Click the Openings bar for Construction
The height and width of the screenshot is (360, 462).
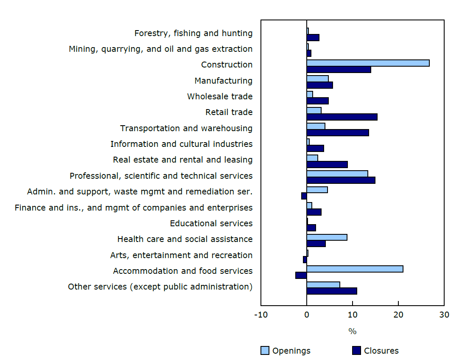click(x=368, y=63)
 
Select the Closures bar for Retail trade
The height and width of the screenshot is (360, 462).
click(x=342, y=117)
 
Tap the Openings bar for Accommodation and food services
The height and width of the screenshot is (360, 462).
click(x=355, y=269)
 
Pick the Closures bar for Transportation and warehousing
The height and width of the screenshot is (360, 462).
click(x=338, y=133)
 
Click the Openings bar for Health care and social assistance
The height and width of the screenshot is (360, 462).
click(x=327, y=237)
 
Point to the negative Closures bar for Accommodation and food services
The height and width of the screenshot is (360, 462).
click(x=301, y=275)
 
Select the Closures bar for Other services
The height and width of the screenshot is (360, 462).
click(x=332, y=291)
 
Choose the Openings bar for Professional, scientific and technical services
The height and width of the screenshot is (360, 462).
click(x=337, y=174)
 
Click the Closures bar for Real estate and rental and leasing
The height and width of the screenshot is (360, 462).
click(x=327, y=165)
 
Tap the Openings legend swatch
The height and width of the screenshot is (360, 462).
click(x=265, y=351)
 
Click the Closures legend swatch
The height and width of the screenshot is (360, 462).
click(x=356, y=351)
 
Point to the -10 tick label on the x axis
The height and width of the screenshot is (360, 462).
click(x=260, y=315)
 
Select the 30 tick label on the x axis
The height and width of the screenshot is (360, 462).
click(x=444, y=315)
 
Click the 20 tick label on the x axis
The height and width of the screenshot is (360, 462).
click(x=398, y=315)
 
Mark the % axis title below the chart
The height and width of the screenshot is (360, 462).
click(x=352, y=332)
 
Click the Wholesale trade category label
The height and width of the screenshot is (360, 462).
click(x=220, y=96)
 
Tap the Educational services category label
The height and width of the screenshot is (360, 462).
click(x=211, y=223)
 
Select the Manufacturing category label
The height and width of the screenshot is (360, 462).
click(x=223, y=81)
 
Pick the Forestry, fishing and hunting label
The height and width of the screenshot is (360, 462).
click(x=193, y=33)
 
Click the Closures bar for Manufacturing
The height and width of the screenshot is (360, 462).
click(x=319, y=85)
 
